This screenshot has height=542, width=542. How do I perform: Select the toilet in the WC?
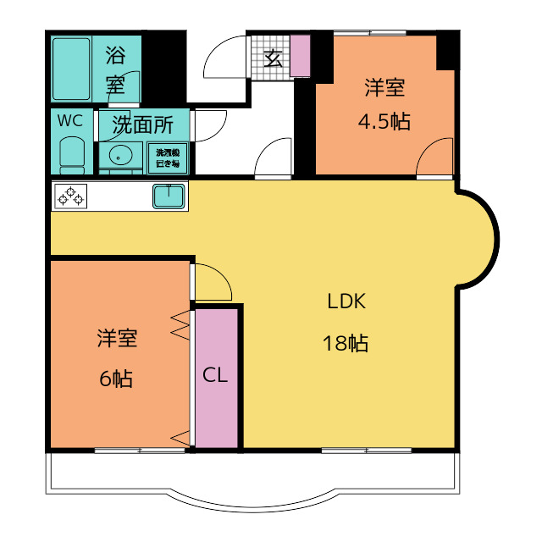pyautogui.click(x=72, y=154)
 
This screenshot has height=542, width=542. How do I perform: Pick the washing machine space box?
pyautogui.click(x=166, y=158)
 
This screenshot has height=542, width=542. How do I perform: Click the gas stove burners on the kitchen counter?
pyautogui.click(x=70, y=196)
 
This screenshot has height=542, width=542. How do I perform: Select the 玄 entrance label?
pyautogui.click(x=273, y=58)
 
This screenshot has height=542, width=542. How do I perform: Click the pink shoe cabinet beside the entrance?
pyautogui.click(x=301, y=55)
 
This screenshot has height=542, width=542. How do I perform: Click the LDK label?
pyautogui.click(x=346, y=301)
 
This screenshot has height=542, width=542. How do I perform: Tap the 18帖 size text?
pyautogui.click(x=345, y=344)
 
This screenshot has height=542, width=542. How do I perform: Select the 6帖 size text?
pyautogui.click(x=116, y=379)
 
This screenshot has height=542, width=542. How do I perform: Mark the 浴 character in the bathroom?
pyautogui.click(x=115, y=56)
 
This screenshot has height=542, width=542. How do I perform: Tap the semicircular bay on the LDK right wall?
pyautogui.click(x=478, y=237)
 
